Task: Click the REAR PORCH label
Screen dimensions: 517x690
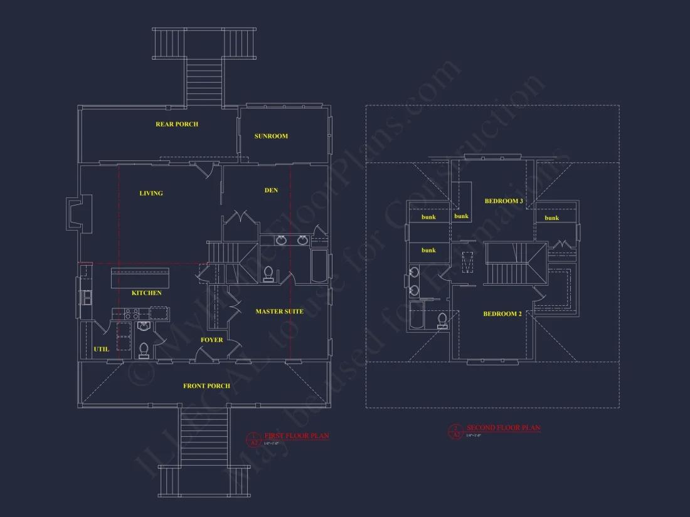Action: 177,124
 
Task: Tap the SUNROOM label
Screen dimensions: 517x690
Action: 271,136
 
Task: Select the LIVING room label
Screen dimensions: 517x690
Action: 151,193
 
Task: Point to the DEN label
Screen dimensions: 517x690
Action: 271,190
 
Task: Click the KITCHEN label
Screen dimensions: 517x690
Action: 146,293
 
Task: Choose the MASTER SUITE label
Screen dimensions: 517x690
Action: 279,311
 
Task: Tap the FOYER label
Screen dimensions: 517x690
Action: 212,340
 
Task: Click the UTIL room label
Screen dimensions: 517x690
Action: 101,349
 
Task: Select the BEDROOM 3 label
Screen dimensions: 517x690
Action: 504,201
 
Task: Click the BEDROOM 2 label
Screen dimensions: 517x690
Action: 502,314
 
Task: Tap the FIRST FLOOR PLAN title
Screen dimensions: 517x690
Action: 296,436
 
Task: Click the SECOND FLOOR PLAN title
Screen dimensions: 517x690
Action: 503,428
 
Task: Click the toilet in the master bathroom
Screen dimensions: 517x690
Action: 269,274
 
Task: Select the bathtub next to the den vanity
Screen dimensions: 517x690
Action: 319,266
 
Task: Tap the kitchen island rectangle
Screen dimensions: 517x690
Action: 140,278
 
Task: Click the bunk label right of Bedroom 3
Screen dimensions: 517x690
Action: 552,217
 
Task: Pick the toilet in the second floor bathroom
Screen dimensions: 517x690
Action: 442,320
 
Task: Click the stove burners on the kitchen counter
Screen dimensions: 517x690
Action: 132,313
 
